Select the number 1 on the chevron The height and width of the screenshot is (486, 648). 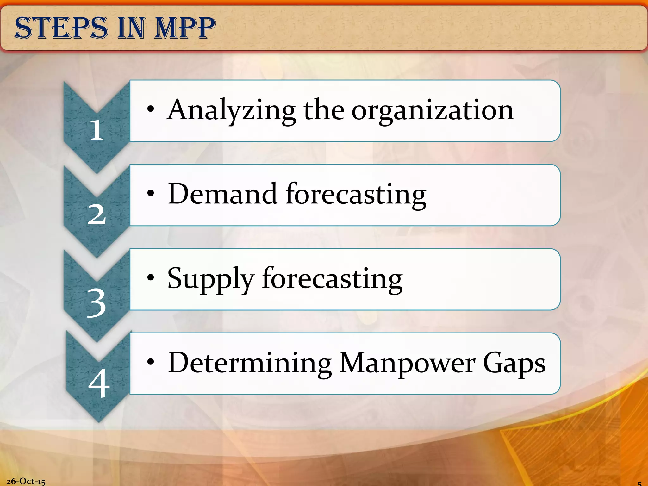coord(97,130)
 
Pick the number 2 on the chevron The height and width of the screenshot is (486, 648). coord(97,214)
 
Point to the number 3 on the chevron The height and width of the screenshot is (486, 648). coord(97,303)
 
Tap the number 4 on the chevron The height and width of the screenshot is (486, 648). coord(99,383)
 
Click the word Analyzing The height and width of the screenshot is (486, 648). coord(231,111)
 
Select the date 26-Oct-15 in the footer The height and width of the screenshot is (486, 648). coord(26,481)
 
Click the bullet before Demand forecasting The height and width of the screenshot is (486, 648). coord(151,193)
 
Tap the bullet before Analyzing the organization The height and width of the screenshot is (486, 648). coord(151,109)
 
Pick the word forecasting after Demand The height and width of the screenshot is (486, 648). coord(356,195)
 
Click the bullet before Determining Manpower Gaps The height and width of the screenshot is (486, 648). coord(151,362)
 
